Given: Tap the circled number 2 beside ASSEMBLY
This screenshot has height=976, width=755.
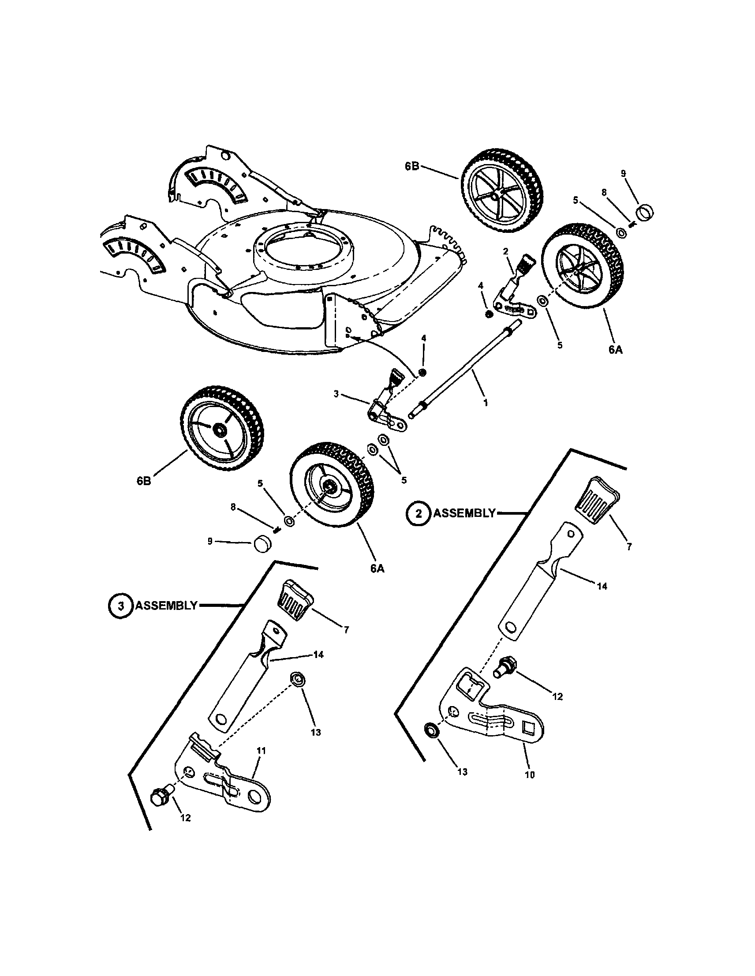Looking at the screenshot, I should coord(419,513).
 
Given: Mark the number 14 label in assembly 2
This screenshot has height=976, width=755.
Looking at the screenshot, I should coord(602,586).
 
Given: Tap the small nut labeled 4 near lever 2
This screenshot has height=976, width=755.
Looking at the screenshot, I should coord(489,314).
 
